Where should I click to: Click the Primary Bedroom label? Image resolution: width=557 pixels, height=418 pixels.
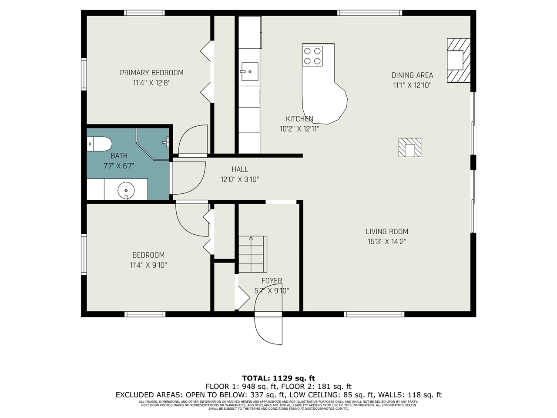point(151,73)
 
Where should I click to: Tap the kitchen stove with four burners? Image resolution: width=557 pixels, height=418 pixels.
point(312,56)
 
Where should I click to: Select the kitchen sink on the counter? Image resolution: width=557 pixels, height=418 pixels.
point(249,71)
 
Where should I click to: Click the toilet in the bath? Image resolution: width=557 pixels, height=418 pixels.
point(99,144)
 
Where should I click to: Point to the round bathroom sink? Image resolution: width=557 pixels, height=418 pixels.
point(126,190)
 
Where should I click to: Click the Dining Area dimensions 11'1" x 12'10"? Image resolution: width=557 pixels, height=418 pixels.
point(412,85)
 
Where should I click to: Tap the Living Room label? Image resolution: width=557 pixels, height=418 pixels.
point(386,232)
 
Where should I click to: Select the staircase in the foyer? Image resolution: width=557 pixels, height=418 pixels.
point(252,254)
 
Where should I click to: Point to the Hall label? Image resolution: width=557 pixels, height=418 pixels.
point(240,169)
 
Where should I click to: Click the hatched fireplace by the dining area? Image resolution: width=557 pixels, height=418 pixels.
point(459,60)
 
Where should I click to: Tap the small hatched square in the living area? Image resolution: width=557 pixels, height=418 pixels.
point(409,148)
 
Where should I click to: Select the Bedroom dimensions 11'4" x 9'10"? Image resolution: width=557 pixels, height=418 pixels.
point(148,265)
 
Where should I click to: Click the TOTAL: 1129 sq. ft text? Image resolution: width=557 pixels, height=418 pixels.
point(278,378)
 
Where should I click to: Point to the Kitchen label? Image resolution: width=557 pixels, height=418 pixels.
point(299,119)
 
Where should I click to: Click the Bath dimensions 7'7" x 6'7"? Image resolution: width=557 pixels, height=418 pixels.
point(119,165)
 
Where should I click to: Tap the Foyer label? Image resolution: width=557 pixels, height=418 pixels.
point(272,281)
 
